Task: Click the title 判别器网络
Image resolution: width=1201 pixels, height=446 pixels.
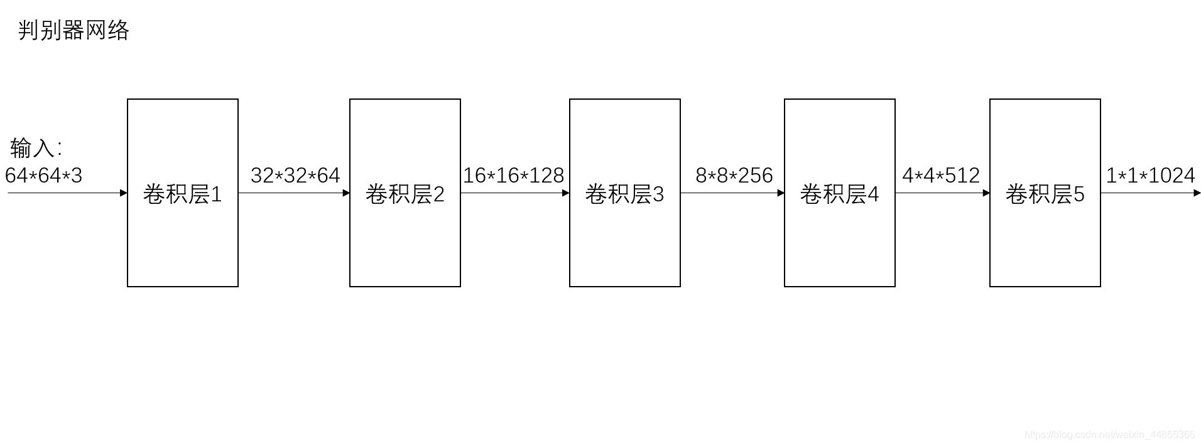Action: coord(73,30)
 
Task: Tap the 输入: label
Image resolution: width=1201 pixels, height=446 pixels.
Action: coord(36,148)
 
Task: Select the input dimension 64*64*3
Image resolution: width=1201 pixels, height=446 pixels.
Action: coord(43,175)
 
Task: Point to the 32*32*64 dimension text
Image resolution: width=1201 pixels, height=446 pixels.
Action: coord(295,175)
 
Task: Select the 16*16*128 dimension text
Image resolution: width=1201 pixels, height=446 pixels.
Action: coord(514,175)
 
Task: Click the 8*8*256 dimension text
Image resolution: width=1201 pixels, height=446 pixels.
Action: coord(734,175)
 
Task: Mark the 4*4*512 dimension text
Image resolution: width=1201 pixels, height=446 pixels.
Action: coord(941,175)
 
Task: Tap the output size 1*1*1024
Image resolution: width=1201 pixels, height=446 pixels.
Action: coord(1151,175)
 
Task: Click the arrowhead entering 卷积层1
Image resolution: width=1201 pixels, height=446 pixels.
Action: coord(124,193)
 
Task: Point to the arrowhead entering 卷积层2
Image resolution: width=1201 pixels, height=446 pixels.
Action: coord(346,193)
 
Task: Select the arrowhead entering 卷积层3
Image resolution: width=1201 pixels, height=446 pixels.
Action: coord(566,193)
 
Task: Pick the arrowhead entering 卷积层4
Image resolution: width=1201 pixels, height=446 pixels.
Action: coord(781,193)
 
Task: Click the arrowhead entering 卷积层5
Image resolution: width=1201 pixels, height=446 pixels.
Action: coord(986,193)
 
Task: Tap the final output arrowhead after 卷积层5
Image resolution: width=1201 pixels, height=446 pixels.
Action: coord(1197,193)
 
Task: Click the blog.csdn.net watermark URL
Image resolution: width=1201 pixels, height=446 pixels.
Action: coord(1110,435)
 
